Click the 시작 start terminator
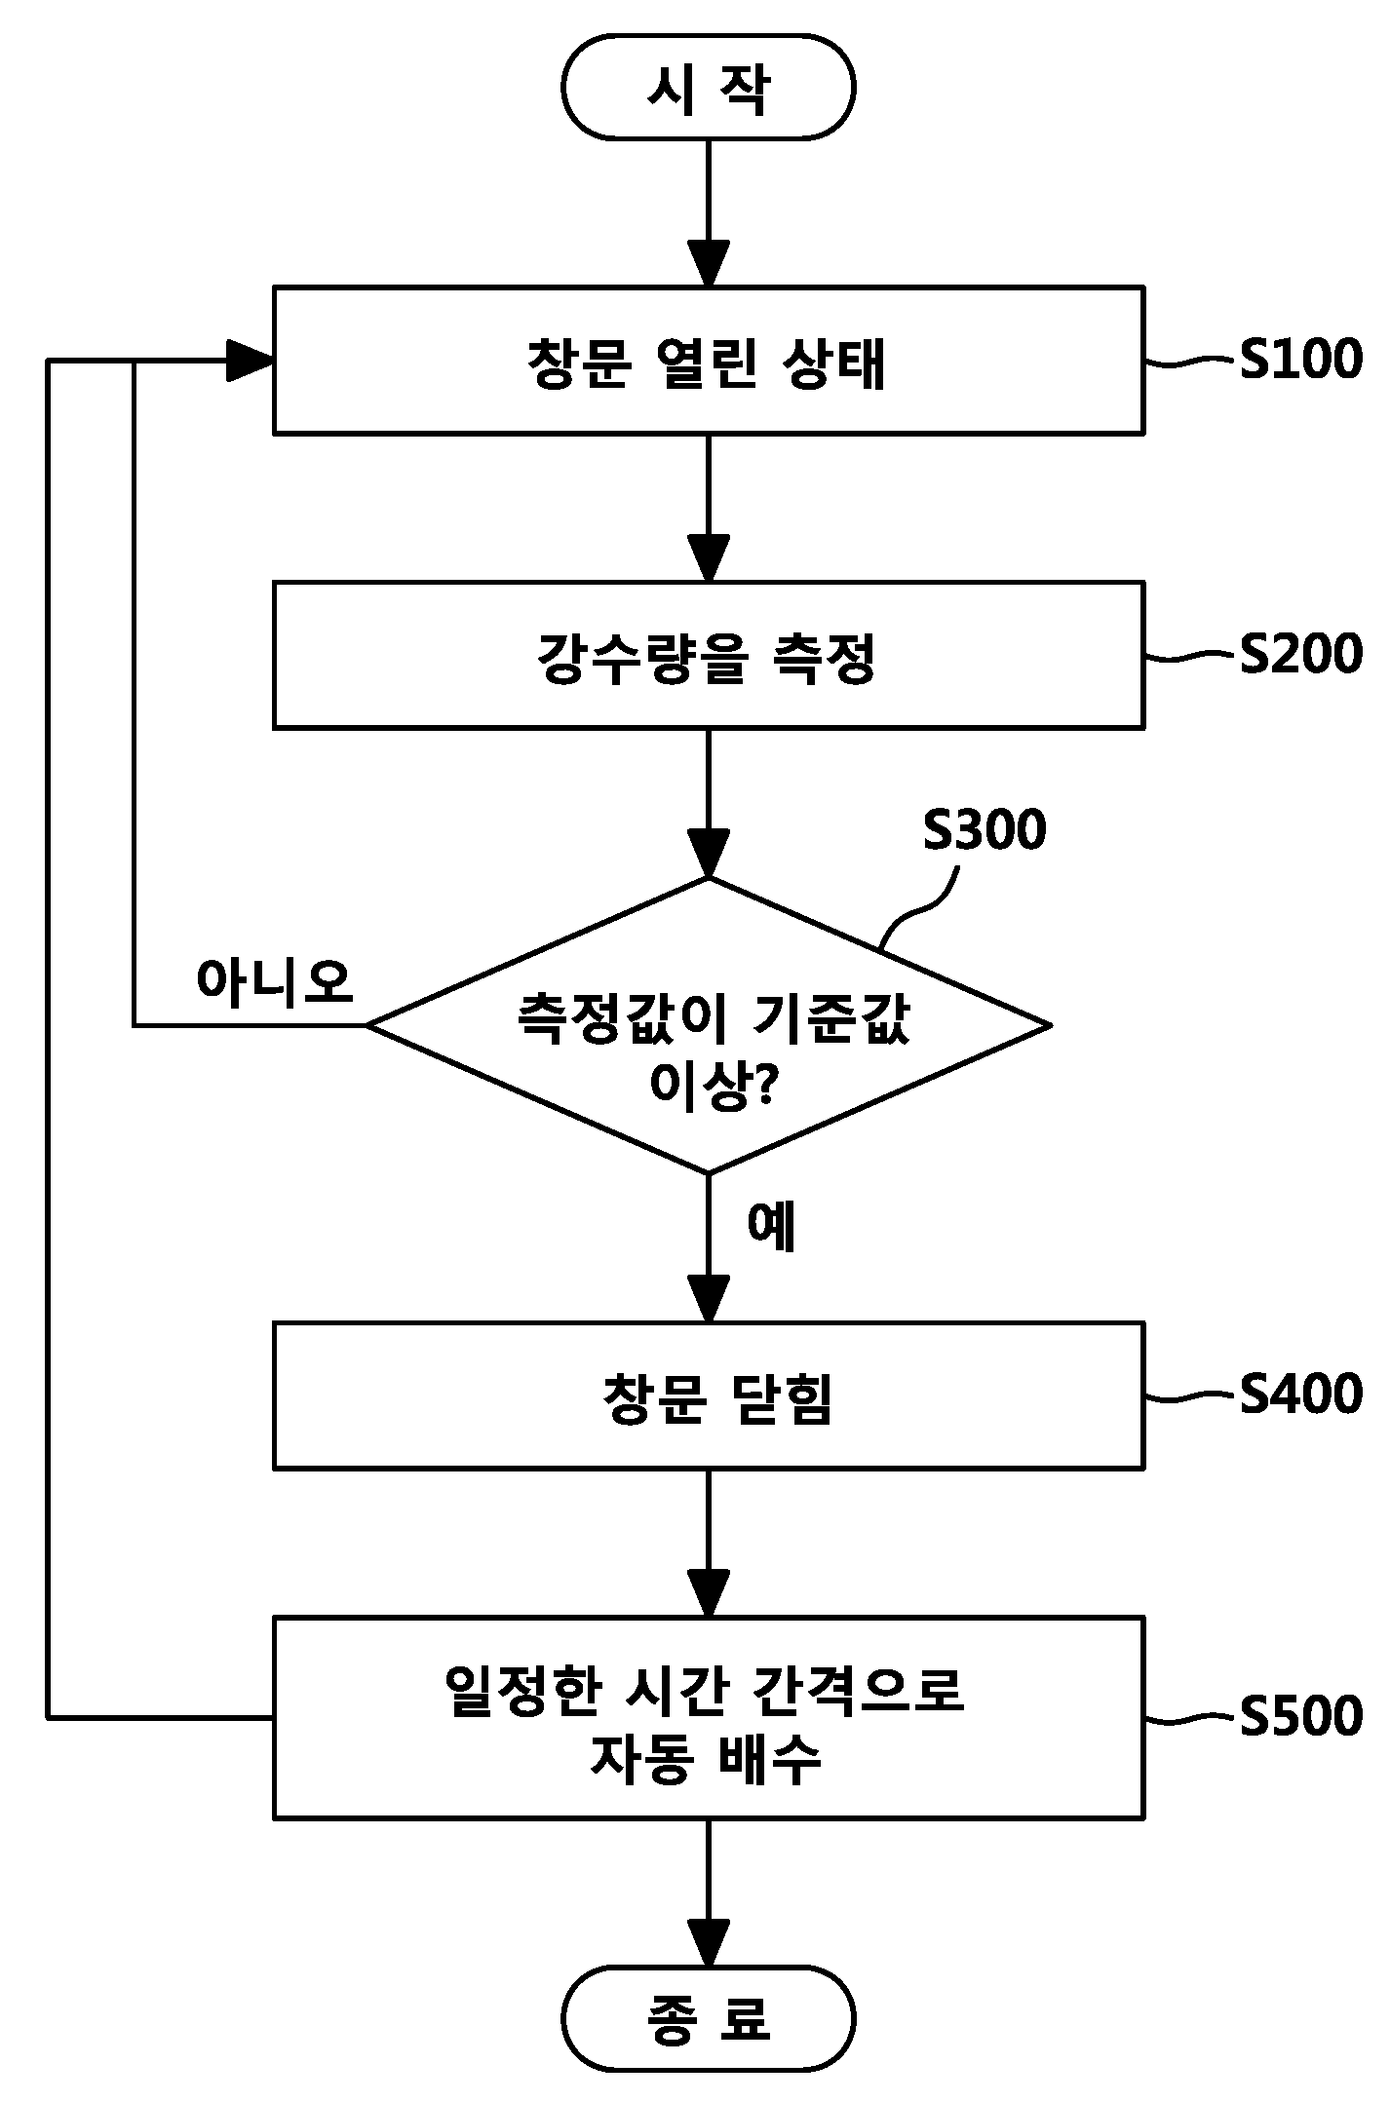(709, 87)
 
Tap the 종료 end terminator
(709, 2016)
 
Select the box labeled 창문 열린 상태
(709, 360)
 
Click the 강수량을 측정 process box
(709, 655)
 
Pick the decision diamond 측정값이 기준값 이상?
(709, 1025)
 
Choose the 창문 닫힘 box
(709, 1395)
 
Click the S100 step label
(1300, 360)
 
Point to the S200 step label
(1300, 654)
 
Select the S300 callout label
(985, 831)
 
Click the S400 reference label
(1300, 1395)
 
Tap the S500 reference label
(1300, 1716)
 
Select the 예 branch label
(772, 1226)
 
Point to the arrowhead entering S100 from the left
(250, 361)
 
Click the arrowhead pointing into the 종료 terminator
(709, 1943)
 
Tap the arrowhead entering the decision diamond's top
(709, 854)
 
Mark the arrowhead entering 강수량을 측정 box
(709, 558)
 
